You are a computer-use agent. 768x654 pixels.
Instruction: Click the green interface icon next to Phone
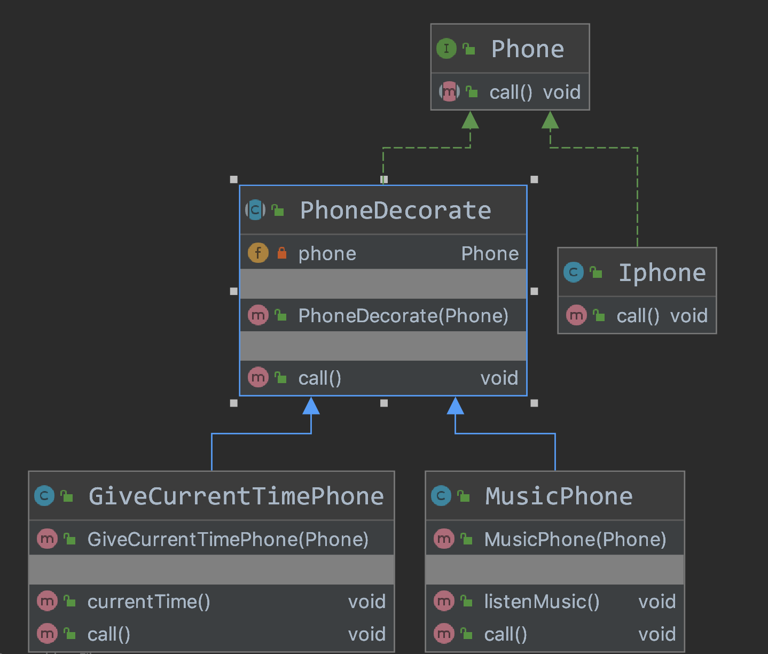(x=446, y=48)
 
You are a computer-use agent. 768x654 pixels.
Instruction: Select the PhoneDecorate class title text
(x=395, y=211)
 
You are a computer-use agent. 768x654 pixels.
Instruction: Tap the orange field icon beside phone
(x=258, y=253)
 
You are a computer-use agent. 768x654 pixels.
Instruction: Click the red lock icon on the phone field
(x=282, y=253)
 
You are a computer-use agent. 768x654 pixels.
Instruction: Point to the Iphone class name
(x=662, y=272)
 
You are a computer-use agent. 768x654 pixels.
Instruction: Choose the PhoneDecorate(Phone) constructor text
(x=403, y=316)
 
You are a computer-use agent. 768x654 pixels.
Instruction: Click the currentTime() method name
(x=148, y=602)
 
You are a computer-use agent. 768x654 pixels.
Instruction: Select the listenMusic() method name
(x=542, y=602)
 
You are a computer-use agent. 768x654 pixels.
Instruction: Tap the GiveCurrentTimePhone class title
(x=236, y=496)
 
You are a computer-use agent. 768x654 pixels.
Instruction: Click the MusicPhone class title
(x=559, y=496)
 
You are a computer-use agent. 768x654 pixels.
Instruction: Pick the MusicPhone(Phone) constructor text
(x=575, y=540)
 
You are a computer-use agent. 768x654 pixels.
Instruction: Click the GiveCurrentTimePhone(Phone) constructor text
(x=228, y=540)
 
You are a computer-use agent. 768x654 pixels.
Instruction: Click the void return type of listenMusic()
(x=657, y=602)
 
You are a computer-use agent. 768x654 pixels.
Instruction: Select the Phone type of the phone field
(x=490, y=253)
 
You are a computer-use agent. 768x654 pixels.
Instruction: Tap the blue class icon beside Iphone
(x=573, y=272)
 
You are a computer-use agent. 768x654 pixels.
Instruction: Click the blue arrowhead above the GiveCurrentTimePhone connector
(x=311, y=405)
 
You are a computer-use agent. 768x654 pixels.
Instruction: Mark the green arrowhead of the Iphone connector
(x=550, y=120)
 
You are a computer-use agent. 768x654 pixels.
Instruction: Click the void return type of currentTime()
(x=367, y=602)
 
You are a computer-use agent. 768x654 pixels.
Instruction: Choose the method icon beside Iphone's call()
(x=576, y=315)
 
